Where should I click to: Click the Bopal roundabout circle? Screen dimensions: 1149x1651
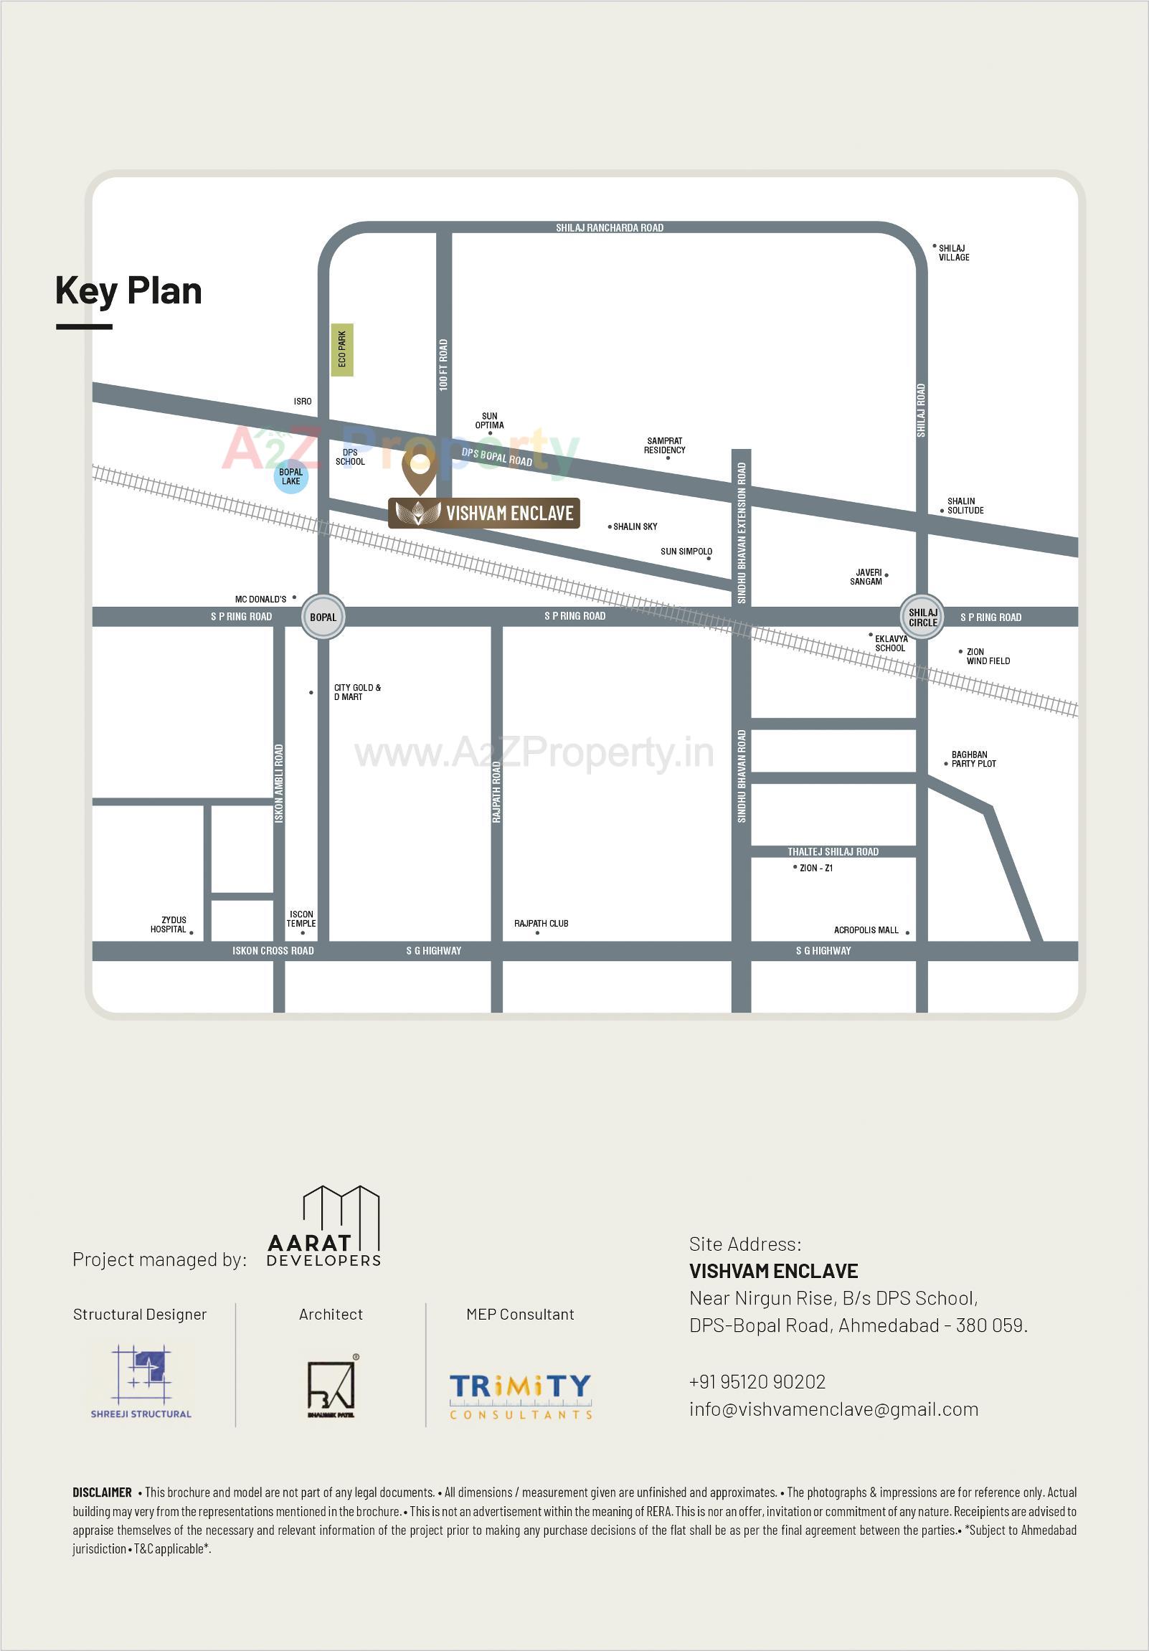[x=323, y=617]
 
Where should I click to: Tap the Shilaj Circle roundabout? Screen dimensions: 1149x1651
[x=922, y=617]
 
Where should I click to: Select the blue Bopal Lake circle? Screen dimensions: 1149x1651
[x=290, y=477]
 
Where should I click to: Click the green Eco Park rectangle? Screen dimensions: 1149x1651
[x=342, y=349]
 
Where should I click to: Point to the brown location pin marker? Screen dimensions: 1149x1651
[x=419, y=470]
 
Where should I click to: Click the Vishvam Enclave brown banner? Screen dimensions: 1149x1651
[x=484, y=514]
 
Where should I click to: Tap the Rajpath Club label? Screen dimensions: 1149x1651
[x=541, y=923]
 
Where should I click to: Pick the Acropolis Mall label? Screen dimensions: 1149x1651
[x=866, y=929]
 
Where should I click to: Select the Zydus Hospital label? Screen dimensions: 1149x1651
[x=169, y=924]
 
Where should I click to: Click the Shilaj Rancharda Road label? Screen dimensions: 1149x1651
[x=609, y=228]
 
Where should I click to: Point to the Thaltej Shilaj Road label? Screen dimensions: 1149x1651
[x=833, y=851]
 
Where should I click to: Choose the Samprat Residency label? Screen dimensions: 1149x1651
[x=664, y=446]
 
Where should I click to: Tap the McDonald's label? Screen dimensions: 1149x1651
[x=260, y=599]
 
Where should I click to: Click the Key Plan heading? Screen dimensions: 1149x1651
[x=128, y=291]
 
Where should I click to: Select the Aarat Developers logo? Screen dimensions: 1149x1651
[x=324, y=1226]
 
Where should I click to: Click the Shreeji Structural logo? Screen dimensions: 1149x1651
[x=141, y=1383]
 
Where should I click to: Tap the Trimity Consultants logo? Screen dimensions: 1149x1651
[x=521, y=1396]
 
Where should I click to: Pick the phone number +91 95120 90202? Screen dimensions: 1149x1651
[x=757, y=1381]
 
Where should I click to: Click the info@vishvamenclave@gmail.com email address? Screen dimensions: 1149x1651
[x=833, y=1409]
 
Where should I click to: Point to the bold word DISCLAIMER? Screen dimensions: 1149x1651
[x=102, y=1492]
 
